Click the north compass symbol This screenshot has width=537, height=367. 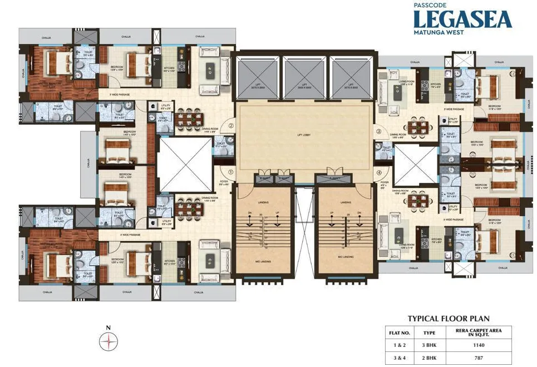coord(108,341)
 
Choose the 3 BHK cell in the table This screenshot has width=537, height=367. coord(430,344)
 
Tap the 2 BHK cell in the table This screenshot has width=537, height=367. coord(430,357)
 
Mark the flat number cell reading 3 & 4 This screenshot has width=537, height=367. coord(398,357)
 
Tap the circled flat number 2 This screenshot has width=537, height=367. coord(230,126)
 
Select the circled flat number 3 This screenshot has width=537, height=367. coord(378,132)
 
